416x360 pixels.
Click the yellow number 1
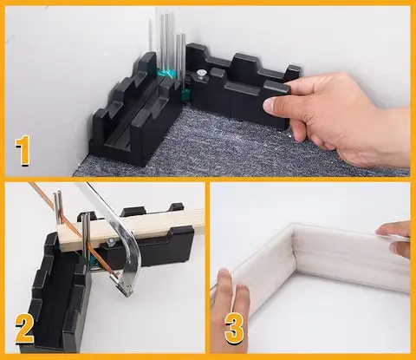23,151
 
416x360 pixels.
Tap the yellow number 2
25,330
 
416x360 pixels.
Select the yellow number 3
234,329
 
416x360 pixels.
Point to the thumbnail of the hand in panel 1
270,104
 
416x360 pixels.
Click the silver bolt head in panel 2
110,242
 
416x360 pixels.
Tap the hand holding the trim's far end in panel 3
394,239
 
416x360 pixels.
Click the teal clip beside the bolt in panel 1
186,94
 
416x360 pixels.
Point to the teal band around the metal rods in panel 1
166,74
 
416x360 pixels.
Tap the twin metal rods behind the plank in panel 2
58,207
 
